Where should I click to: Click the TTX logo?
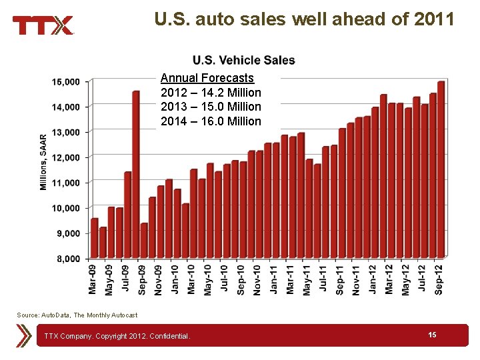coord(43,25)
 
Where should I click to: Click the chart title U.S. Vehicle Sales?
coord(243,61)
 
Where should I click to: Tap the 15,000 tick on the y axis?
coord(66,82)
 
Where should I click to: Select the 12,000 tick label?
coord(66,157)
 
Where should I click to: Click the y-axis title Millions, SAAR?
coord(43,161)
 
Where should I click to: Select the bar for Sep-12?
coord(441,169)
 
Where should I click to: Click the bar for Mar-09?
coord(95,238)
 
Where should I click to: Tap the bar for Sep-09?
coord(144,241)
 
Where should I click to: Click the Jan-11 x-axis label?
coord(274,279)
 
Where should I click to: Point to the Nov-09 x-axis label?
coord(159,279)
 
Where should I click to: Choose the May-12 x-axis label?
coord(406,279)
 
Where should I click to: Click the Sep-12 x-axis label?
coord(439,279)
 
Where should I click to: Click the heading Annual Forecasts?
coord(207,78)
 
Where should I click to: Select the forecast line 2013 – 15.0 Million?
coord(211,107)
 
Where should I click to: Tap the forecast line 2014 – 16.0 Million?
coord(211,121)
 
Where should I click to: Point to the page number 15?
coord(433,335)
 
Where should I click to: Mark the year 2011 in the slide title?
coord(433,19)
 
